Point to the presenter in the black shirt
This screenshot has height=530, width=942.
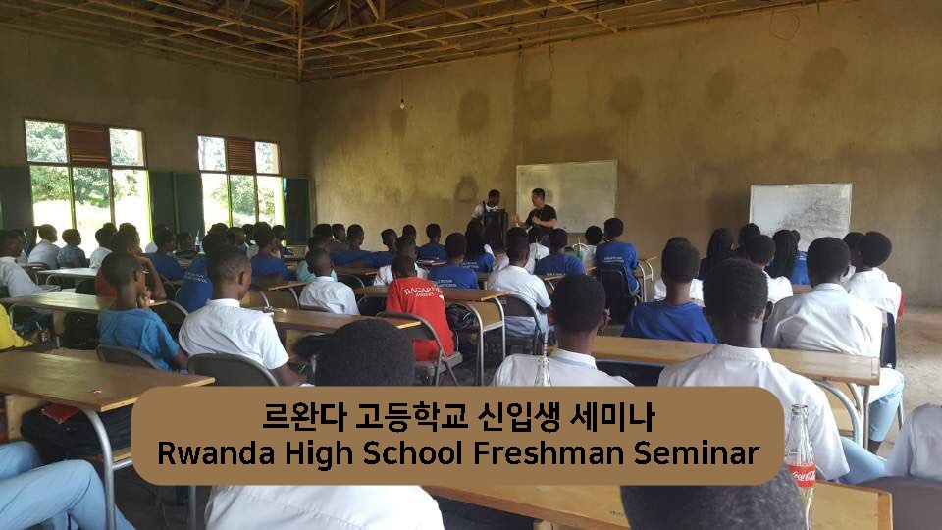click(540, 210)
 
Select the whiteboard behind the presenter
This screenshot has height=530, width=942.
click(566, 195)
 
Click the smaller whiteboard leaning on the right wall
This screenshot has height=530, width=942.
click(801, 213)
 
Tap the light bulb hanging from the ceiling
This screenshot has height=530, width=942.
click(402, 105)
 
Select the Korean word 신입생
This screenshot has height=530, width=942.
click(517, 417)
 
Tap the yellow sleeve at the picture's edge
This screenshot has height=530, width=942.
click(10, 331)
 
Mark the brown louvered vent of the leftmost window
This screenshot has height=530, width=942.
click(88, 144)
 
